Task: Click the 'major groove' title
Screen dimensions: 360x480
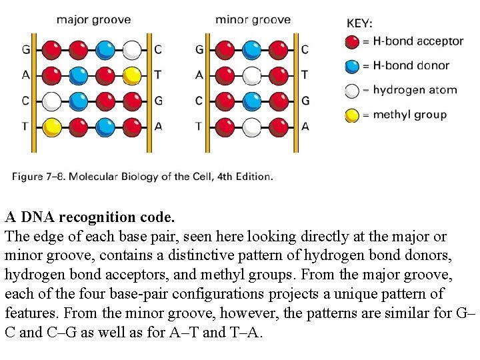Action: coord(93,20)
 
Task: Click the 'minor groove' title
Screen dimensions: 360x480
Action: coord(253,19)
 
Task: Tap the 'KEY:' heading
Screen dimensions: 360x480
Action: coord(360,23)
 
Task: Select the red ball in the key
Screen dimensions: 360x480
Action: coord(352,42)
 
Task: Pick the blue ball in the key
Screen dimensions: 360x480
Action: coord(352,66)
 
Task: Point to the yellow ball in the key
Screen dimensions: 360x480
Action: coord(352,115)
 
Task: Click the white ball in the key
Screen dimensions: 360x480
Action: coord(352,91)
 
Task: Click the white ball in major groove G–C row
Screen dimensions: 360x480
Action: coord(132,49)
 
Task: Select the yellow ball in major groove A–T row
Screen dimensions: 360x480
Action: coord(132,75)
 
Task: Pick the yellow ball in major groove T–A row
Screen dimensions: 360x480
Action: coord(51,126)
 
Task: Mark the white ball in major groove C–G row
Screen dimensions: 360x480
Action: coord(51,101)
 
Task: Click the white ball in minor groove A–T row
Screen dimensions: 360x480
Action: coord(251,75)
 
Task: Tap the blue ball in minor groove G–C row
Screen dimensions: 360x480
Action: coord(251,49)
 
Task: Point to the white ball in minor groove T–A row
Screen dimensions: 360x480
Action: coord(251,126)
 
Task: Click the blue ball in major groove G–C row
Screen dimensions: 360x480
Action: coord(105,49)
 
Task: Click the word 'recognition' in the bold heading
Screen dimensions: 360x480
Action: coord(97,217)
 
